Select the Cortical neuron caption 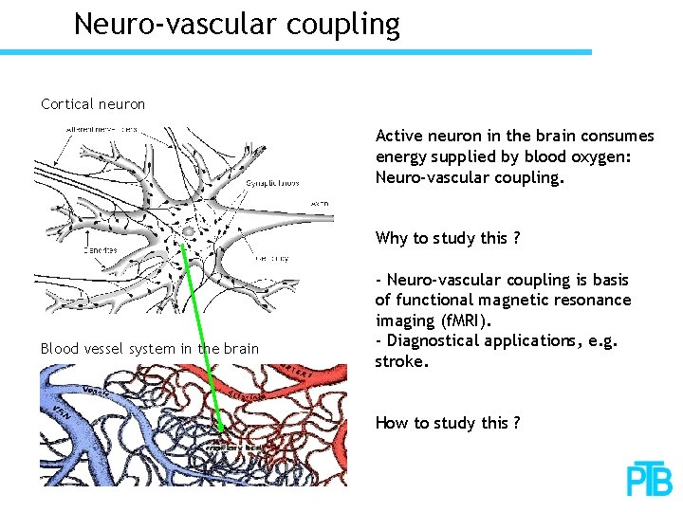(x=93, y=103)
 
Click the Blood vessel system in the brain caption (x=149, y=348)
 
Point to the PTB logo (x=649, y=481)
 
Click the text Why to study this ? (x=447, y=238)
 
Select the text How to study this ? (x=447, y=423)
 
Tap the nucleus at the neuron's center (x=189, y=231)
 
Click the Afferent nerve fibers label (x=101, y=129)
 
